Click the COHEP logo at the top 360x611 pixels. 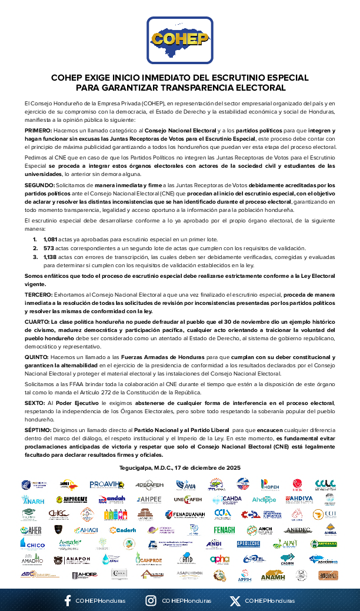pos(179,39)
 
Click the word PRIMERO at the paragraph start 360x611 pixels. pos(37,129)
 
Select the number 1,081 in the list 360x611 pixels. pos(51,240)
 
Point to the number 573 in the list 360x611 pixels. pos(48,248)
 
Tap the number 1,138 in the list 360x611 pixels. pos(51,257)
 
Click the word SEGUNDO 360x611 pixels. pos(39,185)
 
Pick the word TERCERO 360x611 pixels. pos(38,294)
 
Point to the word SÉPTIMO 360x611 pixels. pos(38,431)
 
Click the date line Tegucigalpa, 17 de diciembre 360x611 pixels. pos(179,467)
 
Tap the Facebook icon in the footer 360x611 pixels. pos(68,601)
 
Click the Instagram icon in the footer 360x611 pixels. pos(151,601)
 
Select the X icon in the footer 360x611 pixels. pos(235,601)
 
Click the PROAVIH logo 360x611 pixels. pos(106,484)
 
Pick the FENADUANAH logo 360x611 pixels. pos(185,514)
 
